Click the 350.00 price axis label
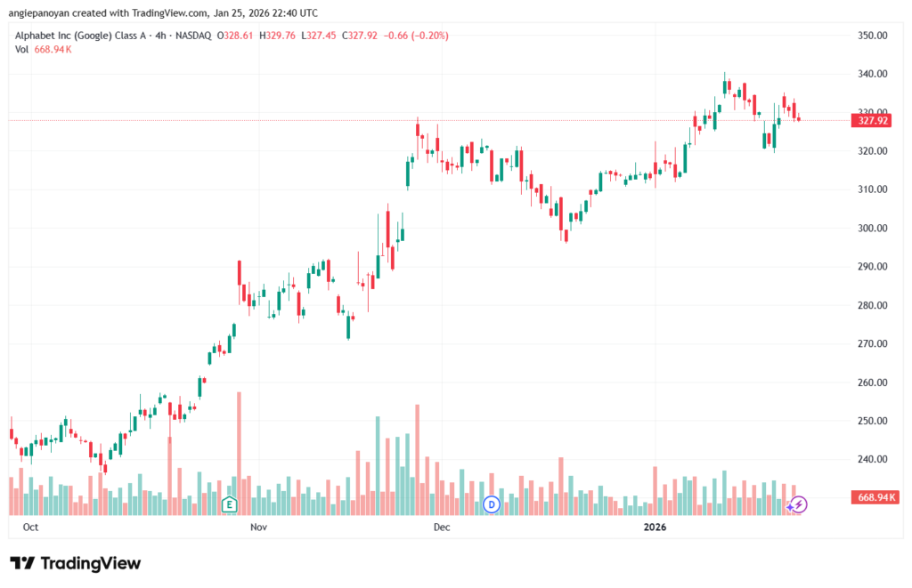click(872, 36)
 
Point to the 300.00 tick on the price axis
click(872, 228)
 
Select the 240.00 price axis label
click(872, 459)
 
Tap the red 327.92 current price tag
click(872, 121)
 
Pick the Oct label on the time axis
click(29, 528)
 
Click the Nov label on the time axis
click(258, 528)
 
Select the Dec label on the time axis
click(442, 528)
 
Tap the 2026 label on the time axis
click(655, 528)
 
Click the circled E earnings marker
click(230, 505)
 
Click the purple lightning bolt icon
click(799, 504)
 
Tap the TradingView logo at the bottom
click(76, 563)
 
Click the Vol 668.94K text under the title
click(44, 49)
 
